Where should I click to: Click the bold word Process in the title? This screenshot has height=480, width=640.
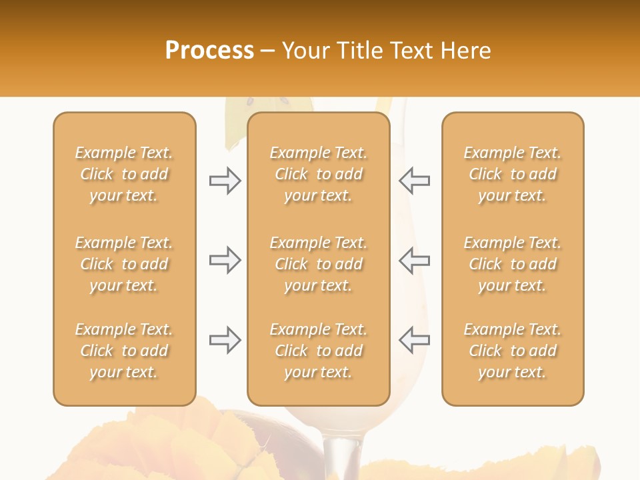pyautogui.click(x=209, y=50)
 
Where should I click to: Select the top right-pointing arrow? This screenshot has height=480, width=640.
pyautogui.click(x=225, y=181)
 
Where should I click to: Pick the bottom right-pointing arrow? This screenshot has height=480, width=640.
pyautogui.click(x=225, y=340)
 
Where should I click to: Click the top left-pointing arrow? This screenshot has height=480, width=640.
pyautogui.click(x=414, y=181)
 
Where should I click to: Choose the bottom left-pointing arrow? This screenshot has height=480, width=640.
pyautogui.click(x=414, y=340)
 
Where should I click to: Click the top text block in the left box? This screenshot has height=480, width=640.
pyautogui.click(x=124, y=174)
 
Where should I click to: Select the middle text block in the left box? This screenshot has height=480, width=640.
pyautogui.click(x=124, y=264)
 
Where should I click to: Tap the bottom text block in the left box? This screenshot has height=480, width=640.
pyautogui.click(x=124, y=351)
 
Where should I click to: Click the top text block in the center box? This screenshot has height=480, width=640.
pyautogui.click(x=318, y=174)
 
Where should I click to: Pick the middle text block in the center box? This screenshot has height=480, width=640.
pyautogui.click(x=318, y=264)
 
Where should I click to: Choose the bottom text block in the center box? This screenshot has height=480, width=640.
pyautogui.click(x=318, y=351)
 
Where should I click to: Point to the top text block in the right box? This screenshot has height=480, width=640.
pyautogui.click(x=512, y=174)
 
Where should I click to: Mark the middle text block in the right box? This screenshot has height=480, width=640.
pyautogui.click(x=512, y=264)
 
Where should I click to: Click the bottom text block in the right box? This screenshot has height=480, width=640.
pyautogui.click(x=512, y=351)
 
